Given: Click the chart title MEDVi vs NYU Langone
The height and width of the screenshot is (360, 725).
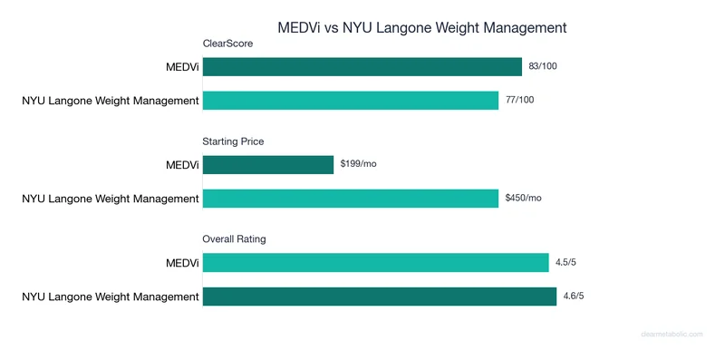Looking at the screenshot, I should pyautogui.click(x=421, y=27).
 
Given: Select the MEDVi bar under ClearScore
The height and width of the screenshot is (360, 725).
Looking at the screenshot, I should pyautogui.click(x=362, y=66).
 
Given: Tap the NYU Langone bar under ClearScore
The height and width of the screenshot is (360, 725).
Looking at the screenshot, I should pyautogui.click(x=351, y=100).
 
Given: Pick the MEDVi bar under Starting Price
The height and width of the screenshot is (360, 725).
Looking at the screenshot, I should pyautogui.click(x=268, y=164).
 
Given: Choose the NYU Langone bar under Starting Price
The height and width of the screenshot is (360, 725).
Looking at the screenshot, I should pyautogui.click(x=351, y=198).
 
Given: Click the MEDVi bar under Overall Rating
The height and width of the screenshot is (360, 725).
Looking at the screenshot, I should pyautogui.click(x=376, y=262).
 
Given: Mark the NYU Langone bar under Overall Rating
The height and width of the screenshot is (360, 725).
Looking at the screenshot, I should pyautogui.click(x=379, y=296).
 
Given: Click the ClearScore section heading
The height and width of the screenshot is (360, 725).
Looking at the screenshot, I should pyautogui.click(x=227, y=43).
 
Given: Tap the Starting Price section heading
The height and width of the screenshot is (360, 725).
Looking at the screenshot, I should pyautogui.click(x=233, y=141).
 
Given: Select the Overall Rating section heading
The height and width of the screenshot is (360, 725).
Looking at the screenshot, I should pyautogui.click(x=234, y=238).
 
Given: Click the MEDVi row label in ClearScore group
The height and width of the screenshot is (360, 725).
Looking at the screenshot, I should pyautogui.click(x=178, y=66).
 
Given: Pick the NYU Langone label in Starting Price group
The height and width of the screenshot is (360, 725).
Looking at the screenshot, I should pyautogui.click(x=111, y=198).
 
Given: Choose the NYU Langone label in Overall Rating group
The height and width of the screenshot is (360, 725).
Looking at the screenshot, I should pyautogui.click(x=111, y=296).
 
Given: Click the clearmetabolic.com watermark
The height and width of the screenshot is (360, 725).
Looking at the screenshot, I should pyautogui.click(x=672, y=334).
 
